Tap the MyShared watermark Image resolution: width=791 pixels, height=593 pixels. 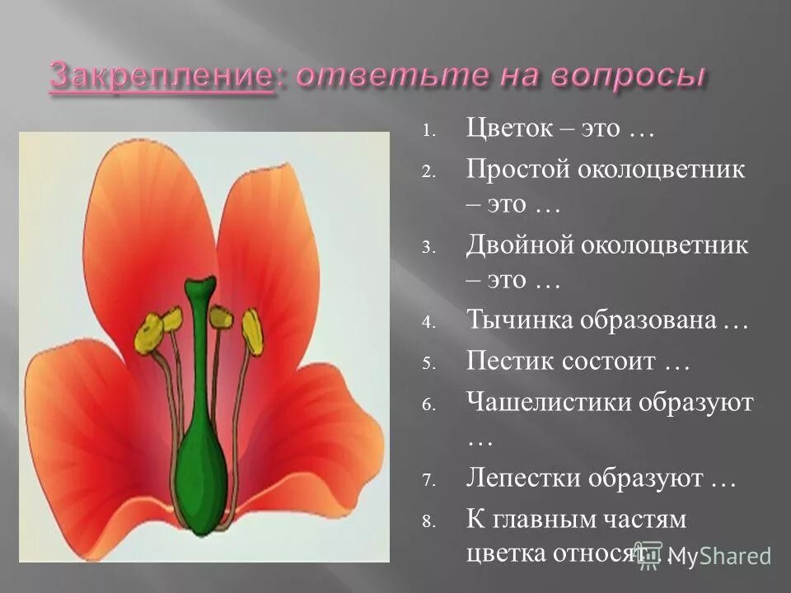click(x=722, y=557)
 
